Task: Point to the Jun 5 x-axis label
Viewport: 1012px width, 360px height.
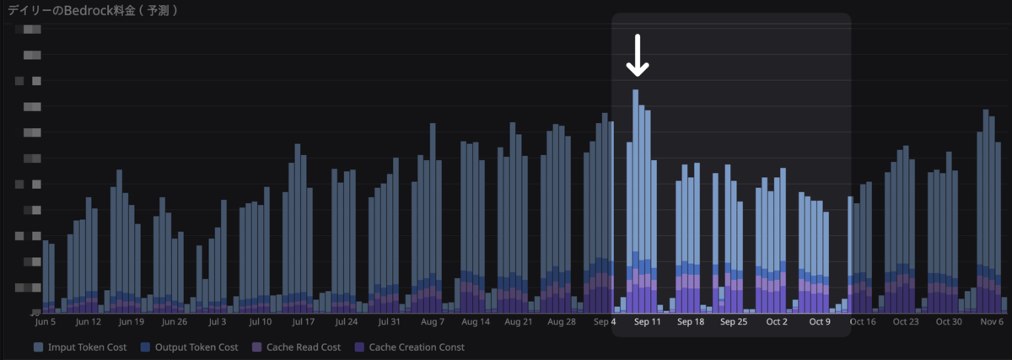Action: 46,321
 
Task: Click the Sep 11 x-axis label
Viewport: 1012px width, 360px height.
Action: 647,321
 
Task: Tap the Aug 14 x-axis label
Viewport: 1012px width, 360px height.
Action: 475,321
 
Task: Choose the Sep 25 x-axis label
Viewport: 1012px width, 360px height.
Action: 734,321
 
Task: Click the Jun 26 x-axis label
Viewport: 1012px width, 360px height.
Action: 173,321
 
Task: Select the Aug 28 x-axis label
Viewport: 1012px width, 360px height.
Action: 560,321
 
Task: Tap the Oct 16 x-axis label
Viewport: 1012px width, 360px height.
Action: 864,321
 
